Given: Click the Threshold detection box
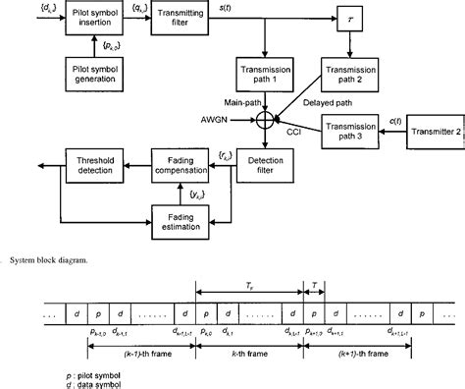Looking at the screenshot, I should coord(96,161).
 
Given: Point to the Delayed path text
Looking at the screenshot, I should coord(306,99).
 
